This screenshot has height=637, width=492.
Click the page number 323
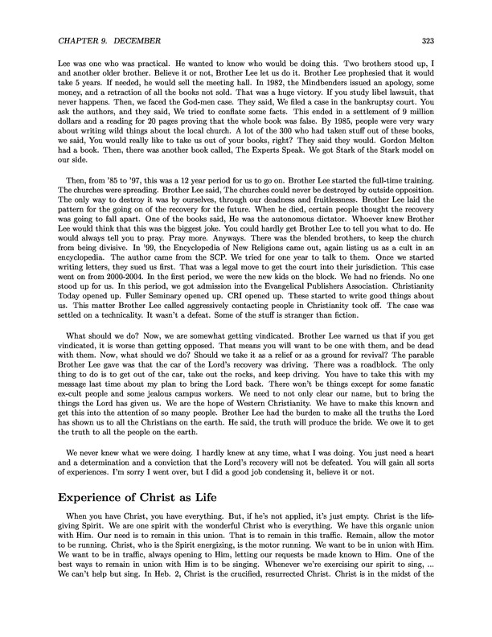445,38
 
